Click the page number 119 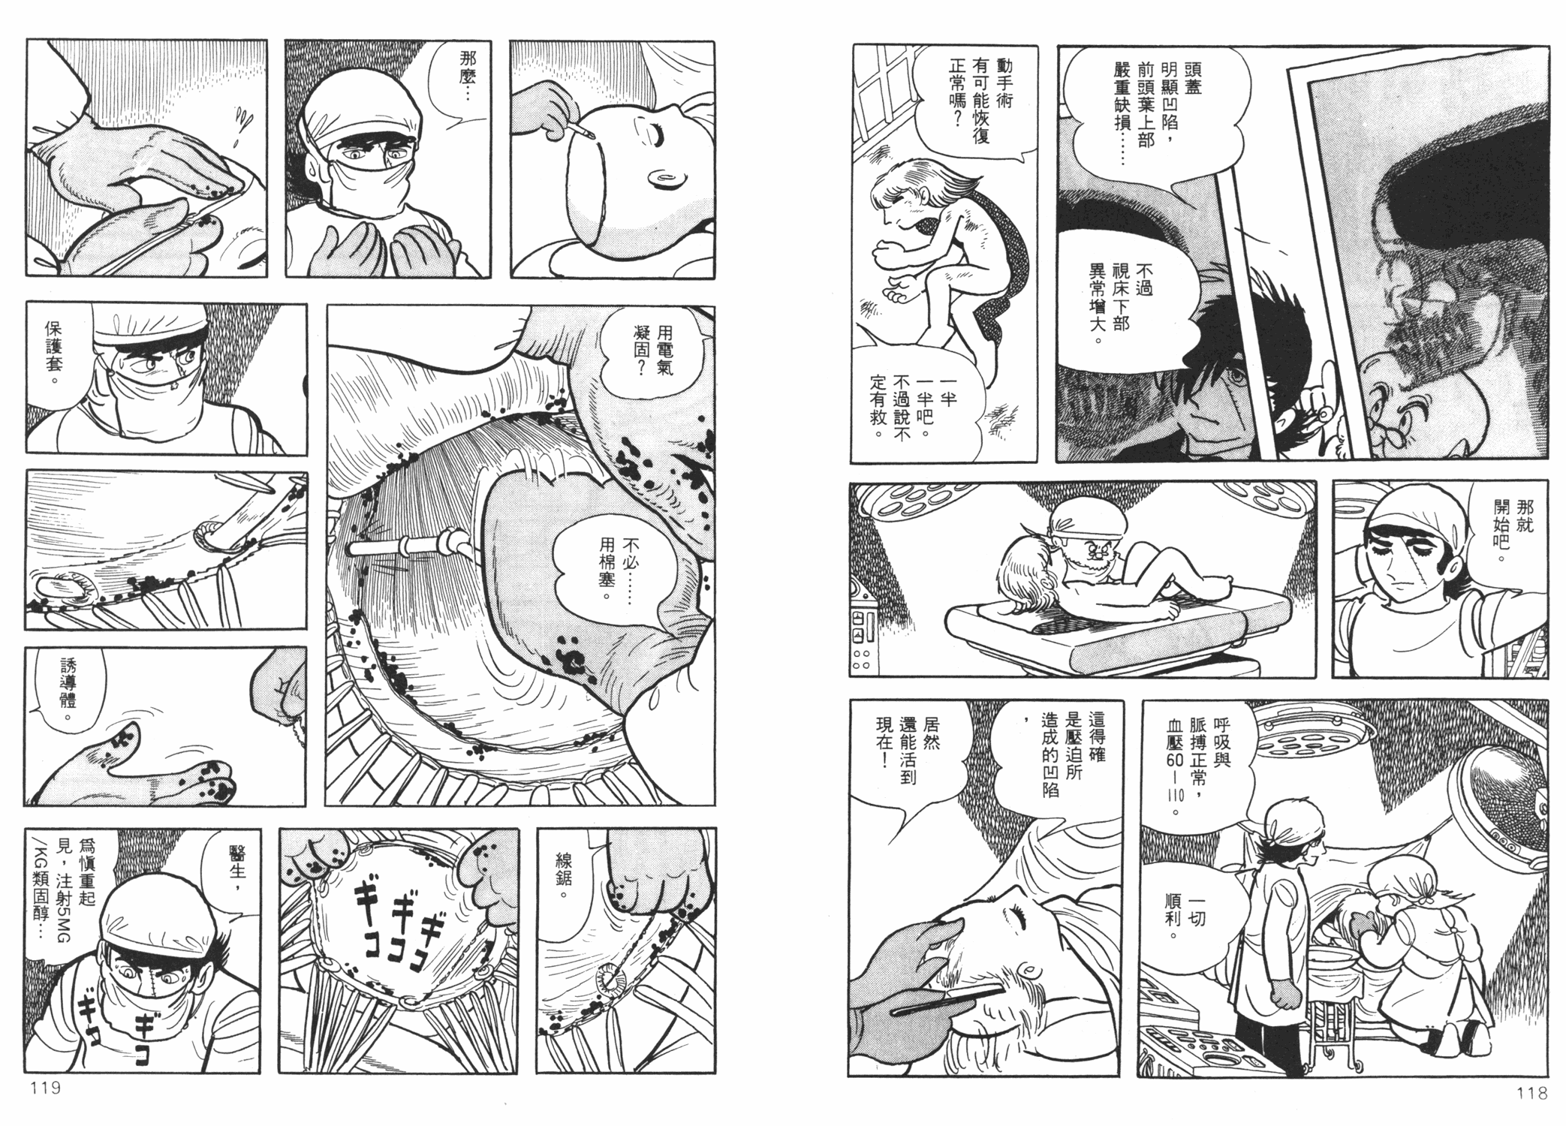(44, 1088)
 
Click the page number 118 (1531, 1093)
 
